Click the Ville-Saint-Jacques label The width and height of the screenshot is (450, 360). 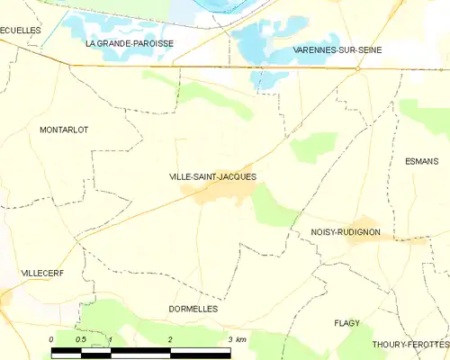pyautogui.click(x=212, y=177)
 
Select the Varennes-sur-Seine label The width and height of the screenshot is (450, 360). pyautogui.click(x=332, y=50)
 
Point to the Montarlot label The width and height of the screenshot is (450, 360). pyautogui.click(x=64, y=130)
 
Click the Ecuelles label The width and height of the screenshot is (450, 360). pyautogui.click(x=21, y=30)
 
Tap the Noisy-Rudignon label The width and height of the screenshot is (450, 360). pyautogui.click(x=345, y=232)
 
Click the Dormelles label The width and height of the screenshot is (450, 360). pyautogui.click(x=193, y=309)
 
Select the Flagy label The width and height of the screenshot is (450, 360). pyautogui.click(x=346, y=323)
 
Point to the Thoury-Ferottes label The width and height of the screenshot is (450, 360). pyautogui.click(x=409, y=345)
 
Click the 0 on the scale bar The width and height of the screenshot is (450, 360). pyautogui.click(x=51, y=339)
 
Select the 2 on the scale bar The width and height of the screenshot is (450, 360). pyautogui.click(x=170, y=339)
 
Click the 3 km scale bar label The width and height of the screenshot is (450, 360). pyautogui.click(x=237, y=339)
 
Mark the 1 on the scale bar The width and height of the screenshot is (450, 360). pyautogui.click(x=110, y=339)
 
